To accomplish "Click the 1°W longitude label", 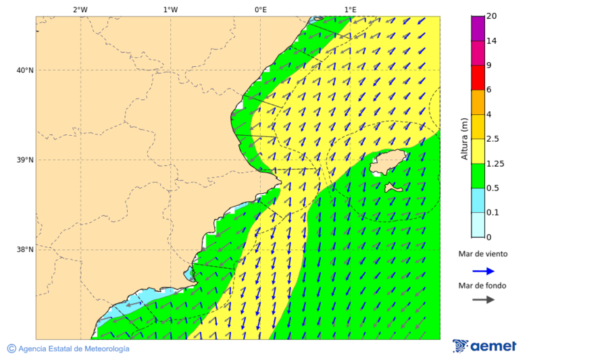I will coord(170,9).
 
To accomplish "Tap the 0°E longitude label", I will coord(260,9).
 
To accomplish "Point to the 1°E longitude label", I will coord(350,9).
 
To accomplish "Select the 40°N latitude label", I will coord(25,70).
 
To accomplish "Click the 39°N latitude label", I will coord(25,160).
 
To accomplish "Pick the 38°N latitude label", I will coord(25,250).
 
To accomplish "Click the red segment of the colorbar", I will coord(478,77).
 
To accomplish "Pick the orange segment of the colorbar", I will coord(478,102).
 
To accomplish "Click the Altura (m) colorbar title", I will coord(464,138).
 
